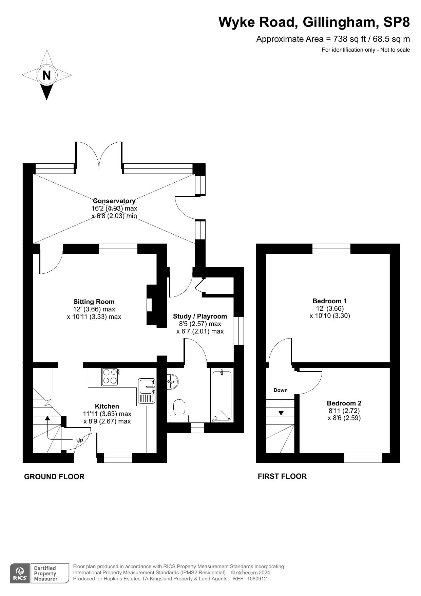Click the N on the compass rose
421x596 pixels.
[x=46, y=75]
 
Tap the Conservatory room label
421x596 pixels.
[x=114, y=201]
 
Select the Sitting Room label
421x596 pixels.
[x=94, y=302]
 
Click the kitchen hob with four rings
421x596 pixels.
[x=111, y=377]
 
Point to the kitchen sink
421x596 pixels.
[x=147, y=391]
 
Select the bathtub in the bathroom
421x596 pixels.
[x=222, y=396]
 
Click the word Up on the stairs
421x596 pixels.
[x=80, y=440]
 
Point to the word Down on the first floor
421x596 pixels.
[x=281, y=390]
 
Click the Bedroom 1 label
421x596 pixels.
[x=330, y=301]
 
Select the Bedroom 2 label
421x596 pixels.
[x=344, y=403]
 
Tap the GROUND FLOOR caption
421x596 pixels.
[x=54, y=476]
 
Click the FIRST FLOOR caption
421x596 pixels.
[x=282, y=476]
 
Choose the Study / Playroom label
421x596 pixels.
[x=200, y=316]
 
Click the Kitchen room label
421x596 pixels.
[x=107, y=406]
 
